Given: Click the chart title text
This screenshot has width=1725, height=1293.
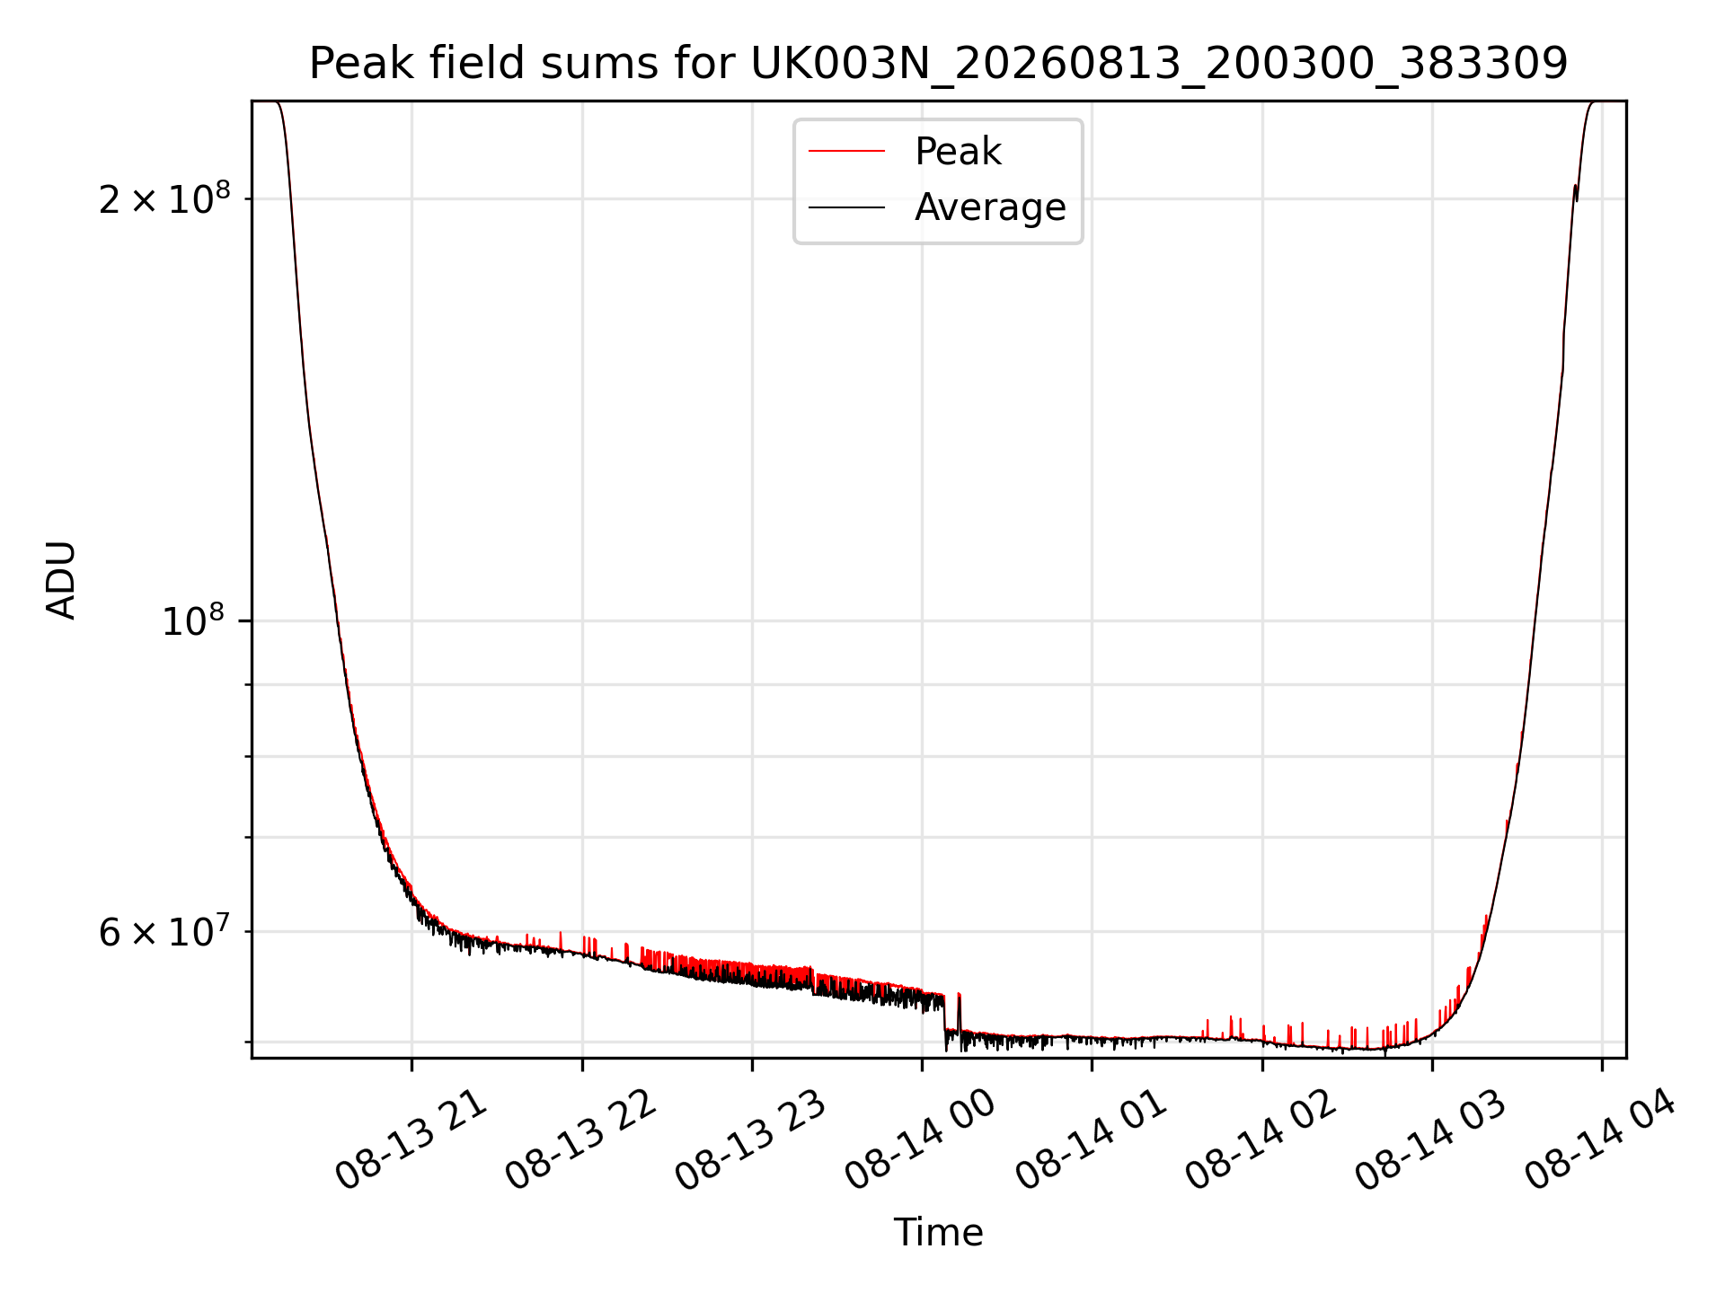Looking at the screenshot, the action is tap(938, 64).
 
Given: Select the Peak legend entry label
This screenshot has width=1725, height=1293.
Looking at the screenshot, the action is tap(958, 152).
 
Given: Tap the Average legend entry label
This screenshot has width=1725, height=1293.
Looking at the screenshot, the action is tap(990, 207).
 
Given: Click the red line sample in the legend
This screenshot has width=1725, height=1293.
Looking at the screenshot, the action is tap(846, 152).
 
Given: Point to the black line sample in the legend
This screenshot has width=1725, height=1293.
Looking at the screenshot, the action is tap(846, 207).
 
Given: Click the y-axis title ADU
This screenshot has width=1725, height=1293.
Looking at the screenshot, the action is tap(61, 580).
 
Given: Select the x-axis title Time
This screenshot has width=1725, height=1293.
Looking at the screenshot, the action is tap(938, 1233).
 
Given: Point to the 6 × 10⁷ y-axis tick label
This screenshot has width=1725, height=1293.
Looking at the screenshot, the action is tap(164, 931).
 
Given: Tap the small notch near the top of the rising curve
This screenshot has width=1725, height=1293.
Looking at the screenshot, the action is tap(1576, 193).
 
